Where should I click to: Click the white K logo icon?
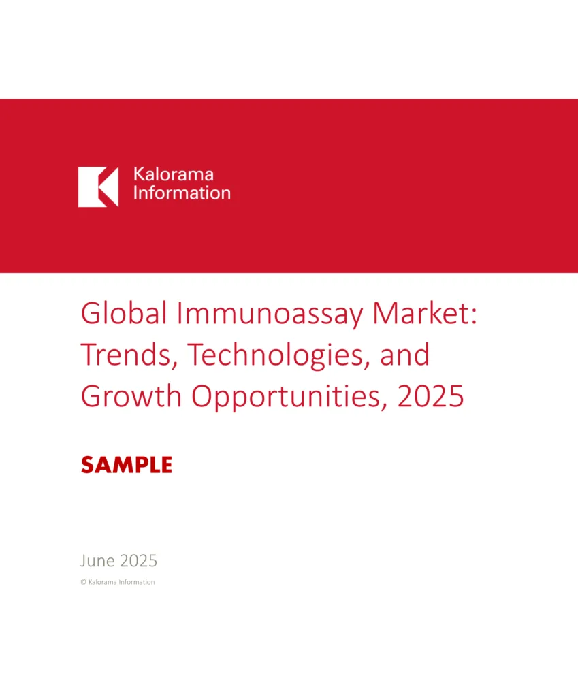click(x=98, y=187)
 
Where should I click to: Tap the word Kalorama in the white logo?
click(x=174, y=174)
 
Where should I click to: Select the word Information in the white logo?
click(x=182, y=193)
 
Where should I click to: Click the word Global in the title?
click(x=124, y=313)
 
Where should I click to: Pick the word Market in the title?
click(x=419, y=313)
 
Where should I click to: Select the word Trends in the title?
click(x=129, y=355)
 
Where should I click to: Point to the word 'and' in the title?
click(x=404, y=354)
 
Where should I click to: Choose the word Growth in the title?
click(x=131, y=395)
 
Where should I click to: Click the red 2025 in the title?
click(x=430, y=396)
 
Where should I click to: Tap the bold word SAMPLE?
click(x=127, y=465)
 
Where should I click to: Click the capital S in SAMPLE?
click(x=89, y=465)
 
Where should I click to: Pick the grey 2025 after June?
click(x=139, y=561)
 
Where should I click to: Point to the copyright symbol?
click(x=83, y=582)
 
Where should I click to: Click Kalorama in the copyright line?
click(x=102, y=582)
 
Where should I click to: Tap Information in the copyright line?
click(x=136, y=582)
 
